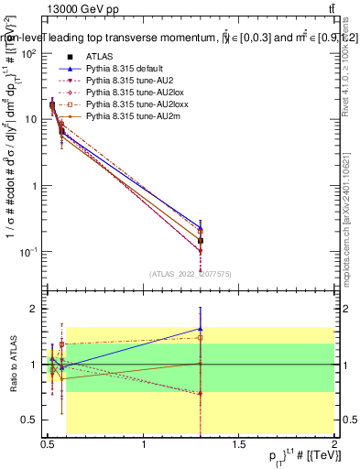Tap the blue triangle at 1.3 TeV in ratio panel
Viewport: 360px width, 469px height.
click(201, 329)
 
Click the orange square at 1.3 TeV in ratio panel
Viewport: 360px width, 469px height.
click(201, 337)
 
